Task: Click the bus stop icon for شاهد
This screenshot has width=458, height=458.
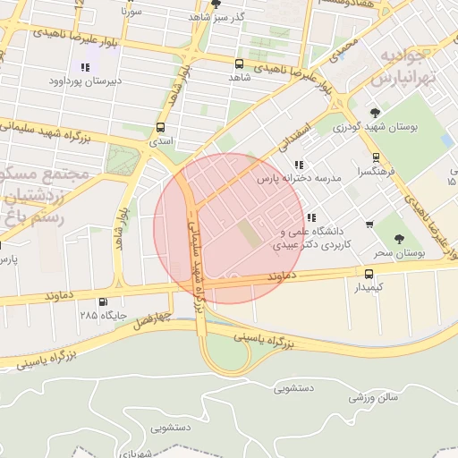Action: point(239,64)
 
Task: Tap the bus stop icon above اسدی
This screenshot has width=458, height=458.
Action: point(160,127)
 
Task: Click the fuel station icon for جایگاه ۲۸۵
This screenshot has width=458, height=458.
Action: point(103,302)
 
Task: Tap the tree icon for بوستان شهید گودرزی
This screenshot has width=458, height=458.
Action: point(374,112)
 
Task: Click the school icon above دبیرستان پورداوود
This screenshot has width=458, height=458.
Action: point(85,67)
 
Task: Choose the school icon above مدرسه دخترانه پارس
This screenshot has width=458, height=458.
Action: point(298,165)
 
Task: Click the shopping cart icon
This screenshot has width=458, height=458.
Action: point(369,224)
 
